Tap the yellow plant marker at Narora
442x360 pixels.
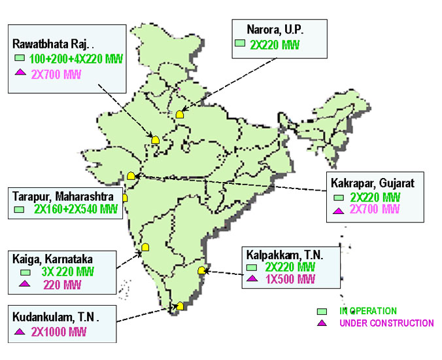pyautogui.click(x=180, y=114)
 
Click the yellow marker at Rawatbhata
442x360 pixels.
pyautogui.click(x=156, y=139)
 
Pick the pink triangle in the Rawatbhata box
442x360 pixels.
pyautogui.click(x=20, y=73)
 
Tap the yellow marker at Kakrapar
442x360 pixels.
pyautogui.click(x=131, y=175)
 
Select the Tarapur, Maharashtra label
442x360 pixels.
pyautogui.click(x=63, y=196)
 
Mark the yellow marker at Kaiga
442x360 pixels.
pyautogui.click(x=146, y=247)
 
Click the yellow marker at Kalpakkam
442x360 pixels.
pyautogui.click(x=202, y=268)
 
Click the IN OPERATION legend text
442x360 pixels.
pyautogui.click(x=368, y=311)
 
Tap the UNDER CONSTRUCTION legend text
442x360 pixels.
pyautogui.click(x=386, y=323)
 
